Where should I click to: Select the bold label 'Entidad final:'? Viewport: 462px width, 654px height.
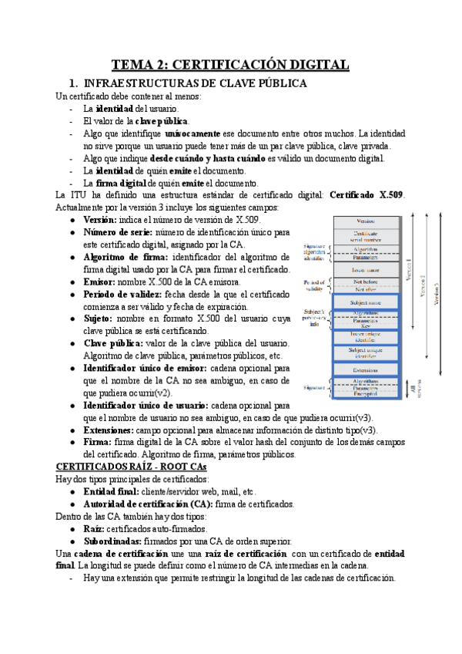tap(112, 491)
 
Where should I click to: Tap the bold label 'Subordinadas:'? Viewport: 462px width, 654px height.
tap(113, 541)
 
